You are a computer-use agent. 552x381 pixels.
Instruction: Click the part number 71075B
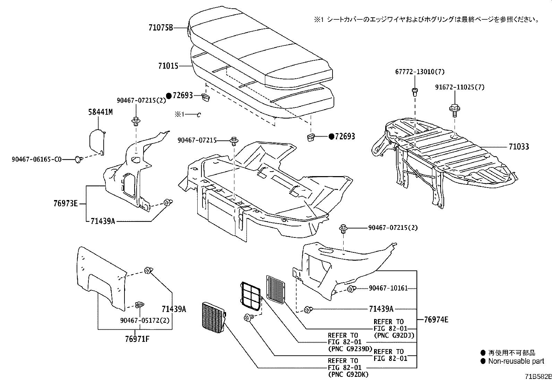[161, 28]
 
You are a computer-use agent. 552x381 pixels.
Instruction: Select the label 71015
[168, 66]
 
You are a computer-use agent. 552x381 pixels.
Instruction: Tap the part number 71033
[519, 147]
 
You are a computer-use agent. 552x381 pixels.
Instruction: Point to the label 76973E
[66, 204]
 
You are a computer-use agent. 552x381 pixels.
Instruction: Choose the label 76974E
[436, 319]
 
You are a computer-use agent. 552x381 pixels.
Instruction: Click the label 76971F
[137, 339]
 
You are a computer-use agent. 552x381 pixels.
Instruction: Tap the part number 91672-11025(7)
[460, 87]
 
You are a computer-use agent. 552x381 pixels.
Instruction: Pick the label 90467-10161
[388, 288]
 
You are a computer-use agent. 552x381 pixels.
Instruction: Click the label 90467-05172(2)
[145, 321]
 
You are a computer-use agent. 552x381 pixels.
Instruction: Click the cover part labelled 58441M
[96, 140]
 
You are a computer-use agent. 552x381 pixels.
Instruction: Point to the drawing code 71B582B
[537, 376]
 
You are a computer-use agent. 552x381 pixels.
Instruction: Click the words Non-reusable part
[516, 361]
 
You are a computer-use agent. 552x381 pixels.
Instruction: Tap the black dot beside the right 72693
[331, 137]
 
